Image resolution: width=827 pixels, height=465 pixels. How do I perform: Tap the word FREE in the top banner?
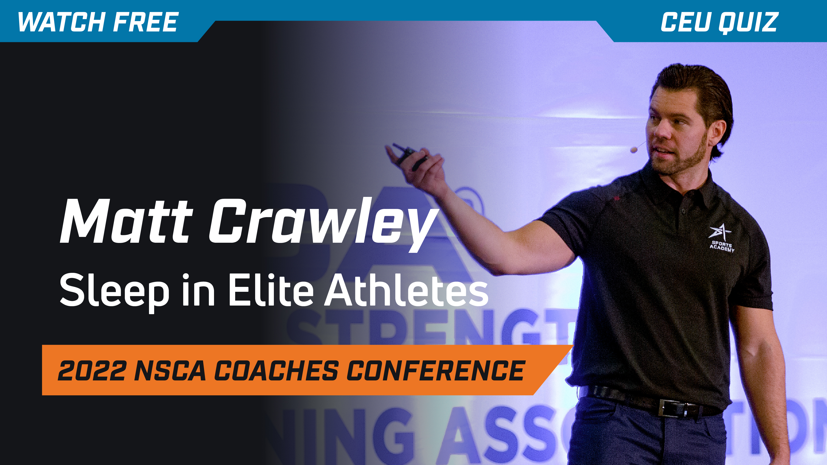[x=146, y=22]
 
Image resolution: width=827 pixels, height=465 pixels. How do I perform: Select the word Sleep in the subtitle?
[x=114, y=290]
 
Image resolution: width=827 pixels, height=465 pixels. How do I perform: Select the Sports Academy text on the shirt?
[x=722, y=246]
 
